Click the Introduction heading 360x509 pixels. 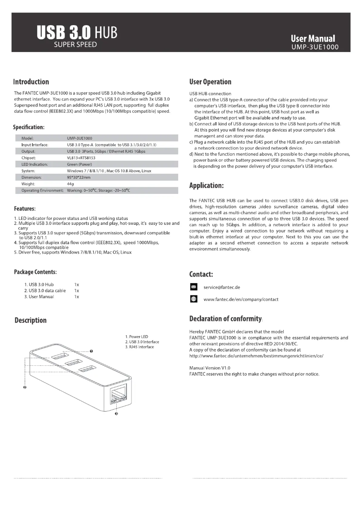coord(31,82)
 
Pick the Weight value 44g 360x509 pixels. coord(70,184)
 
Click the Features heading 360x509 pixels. coord(25,209)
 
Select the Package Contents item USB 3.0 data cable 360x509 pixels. coord(45,291)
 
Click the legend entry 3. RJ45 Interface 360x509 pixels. coord(140,347)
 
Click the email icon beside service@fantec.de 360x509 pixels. coord(193,287)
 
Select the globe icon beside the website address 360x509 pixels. coord(193,299)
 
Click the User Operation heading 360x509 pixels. coord(211,82)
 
